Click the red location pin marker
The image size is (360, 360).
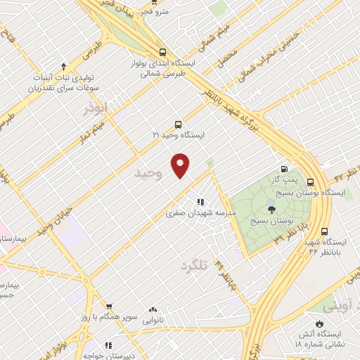point(181,163)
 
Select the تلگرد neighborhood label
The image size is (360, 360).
point(195,265)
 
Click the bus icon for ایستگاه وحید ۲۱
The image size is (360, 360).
point(177,123)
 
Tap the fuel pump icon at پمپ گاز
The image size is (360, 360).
point(283,168)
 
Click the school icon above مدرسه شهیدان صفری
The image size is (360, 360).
point(201,202)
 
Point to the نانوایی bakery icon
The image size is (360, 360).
point(153,309)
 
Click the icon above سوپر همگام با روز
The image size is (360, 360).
point(109,307)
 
